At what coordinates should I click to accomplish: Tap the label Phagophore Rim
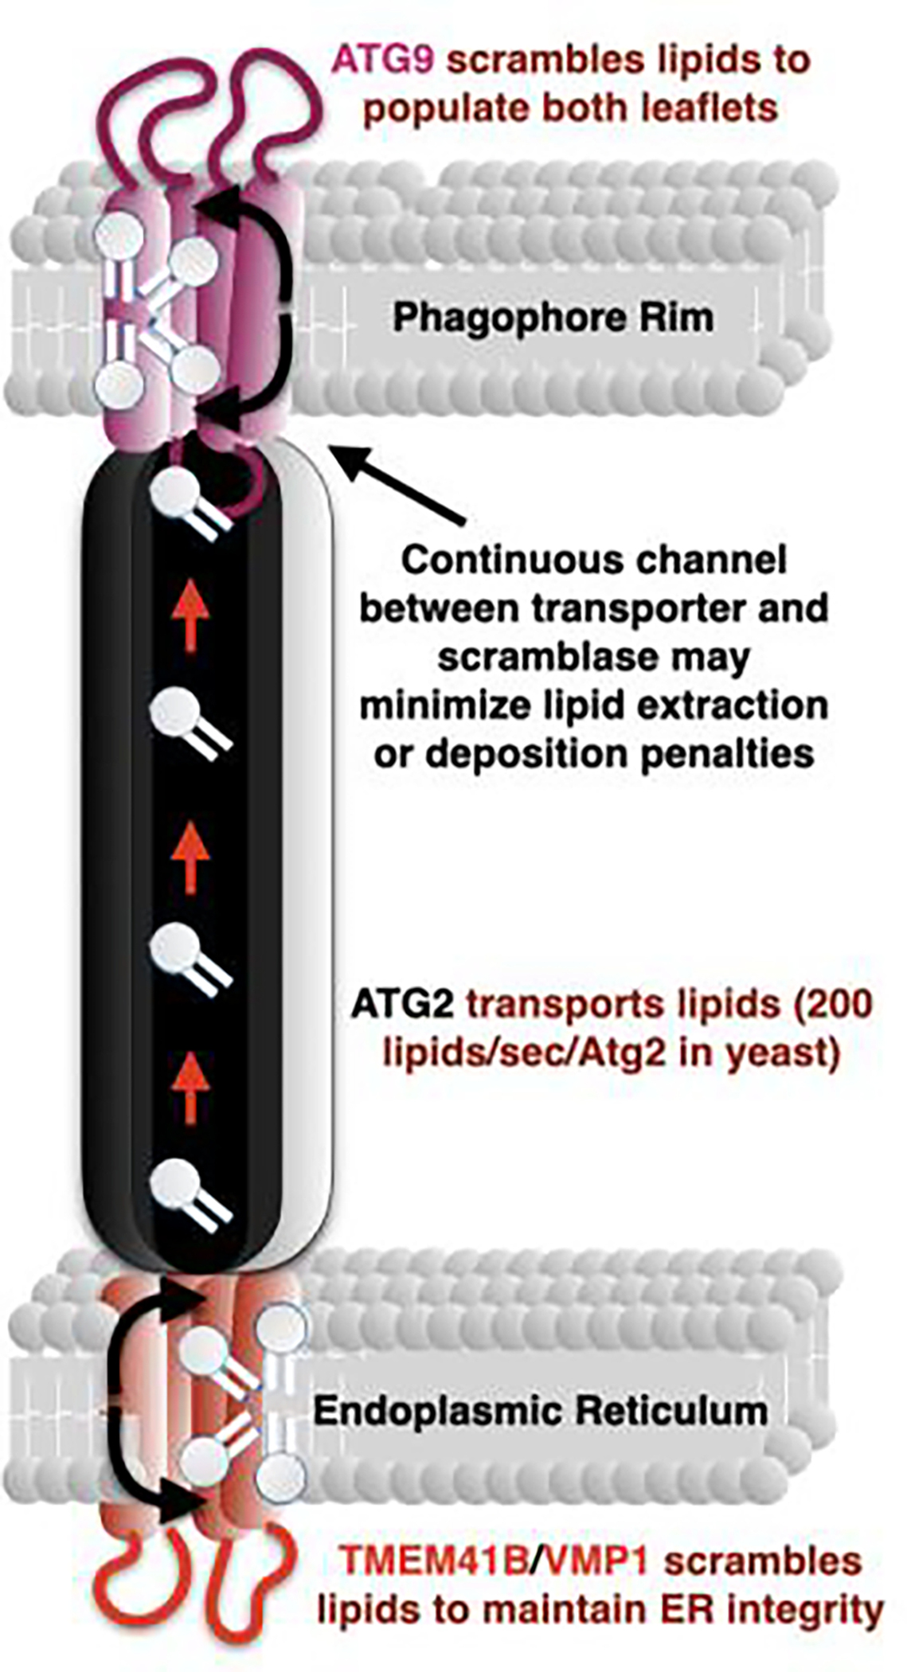tap(553, 317)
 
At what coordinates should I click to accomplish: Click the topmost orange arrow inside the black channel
tap(190, 615)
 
